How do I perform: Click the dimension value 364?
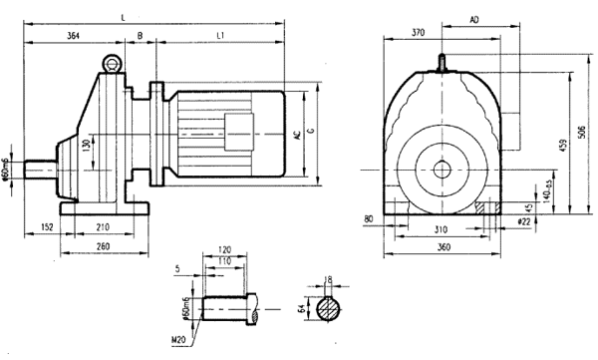point(75,36)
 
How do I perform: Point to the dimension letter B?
point(140,36)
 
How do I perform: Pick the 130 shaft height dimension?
point(88,146)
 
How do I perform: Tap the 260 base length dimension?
point(104,246)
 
